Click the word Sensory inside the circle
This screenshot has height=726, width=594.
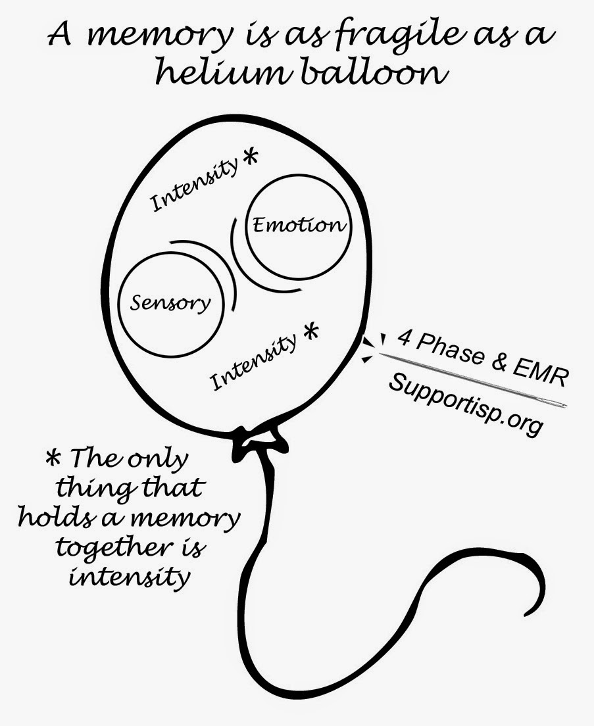171,302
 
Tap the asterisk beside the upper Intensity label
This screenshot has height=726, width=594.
249,158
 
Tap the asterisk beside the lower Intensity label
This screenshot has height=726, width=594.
310,329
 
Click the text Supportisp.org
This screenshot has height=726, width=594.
466,402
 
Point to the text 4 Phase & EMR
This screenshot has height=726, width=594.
482,359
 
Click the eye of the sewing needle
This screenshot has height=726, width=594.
559,404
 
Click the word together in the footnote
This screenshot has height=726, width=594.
109,548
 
